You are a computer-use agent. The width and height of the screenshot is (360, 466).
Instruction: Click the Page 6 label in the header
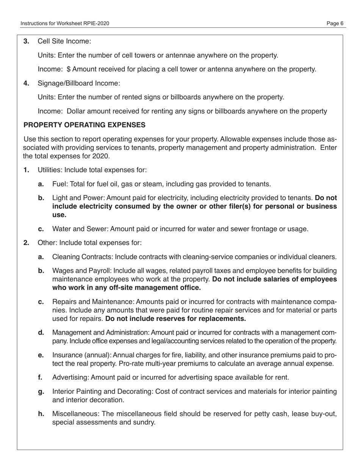point(335,23)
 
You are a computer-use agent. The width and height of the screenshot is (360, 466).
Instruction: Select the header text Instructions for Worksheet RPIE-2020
point(65,23)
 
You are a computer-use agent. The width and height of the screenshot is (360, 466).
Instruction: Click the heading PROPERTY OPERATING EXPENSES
point(84,125)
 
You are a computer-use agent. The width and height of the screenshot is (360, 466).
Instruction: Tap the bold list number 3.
point(27,41)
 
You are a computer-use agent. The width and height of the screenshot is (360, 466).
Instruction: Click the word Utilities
point(48,170)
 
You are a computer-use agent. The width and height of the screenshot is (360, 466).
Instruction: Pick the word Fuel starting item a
point(59,184)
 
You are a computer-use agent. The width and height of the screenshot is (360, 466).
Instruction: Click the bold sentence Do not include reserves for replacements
point(175,319)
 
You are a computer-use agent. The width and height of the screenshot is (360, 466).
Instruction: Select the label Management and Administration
point(100,333)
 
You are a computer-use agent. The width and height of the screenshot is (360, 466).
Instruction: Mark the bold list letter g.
point(41,391)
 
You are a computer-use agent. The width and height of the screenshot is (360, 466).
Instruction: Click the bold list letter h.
point(41,414)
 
